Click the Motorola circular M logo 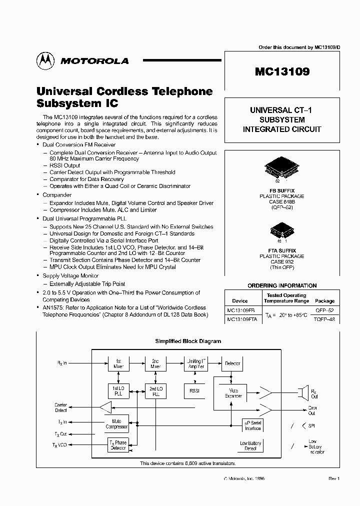point(45,60)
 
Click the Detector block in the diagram point(232,364)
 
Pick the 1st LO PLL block point(118,391)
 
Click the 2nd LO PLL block point(155,391)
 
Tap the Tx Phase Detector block point(118,445)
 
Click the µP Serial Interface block point(252,425)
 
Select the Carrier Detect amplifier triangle point(105,407)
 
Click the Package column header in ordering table point(324,301)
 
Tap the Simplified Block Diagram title point(188,341)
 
